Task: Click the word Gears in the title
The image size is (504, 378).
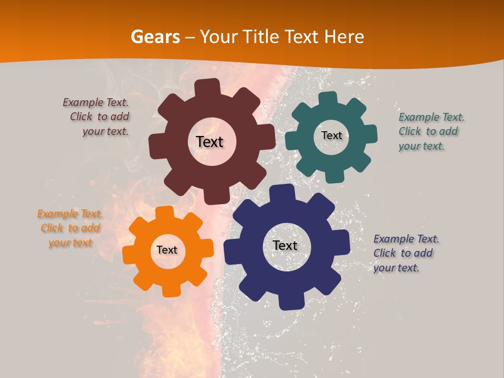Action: pyautogui.click(x=155, y=37)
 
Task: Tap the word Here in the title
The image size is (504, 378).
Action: pyautogui.click(x=344, y=37)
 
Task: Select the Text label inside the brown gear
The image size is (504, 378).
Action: pyautogui.click(x=210, y=142)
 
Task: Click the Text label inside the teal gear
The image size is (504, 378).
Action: pyautogui.click(x=331, y=135)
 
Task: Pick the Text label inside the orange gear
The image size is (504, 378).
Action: pyautogui.click(x=167, y=250)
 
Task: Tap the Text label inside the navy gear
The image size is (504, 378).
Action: pyautogui.click(x=285, y=246)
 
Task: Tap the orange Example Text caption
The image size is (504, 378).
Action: pyautogui.click(x=70, y=228)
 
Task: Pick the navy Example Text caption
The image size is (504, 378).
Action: pyautogui.click(x=405, y=254)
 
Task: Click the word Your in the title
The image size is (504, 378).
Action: pyautogui.click(x=219, y=37)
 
